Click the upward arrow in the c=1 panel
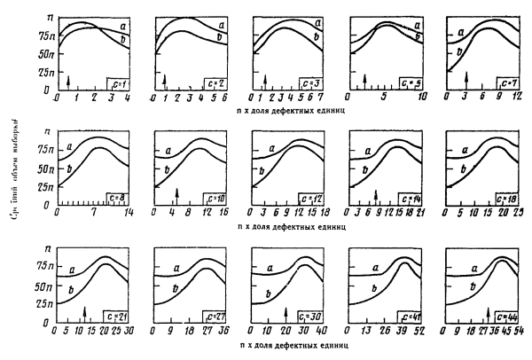68,82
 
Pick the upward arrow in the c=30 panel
286,312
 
